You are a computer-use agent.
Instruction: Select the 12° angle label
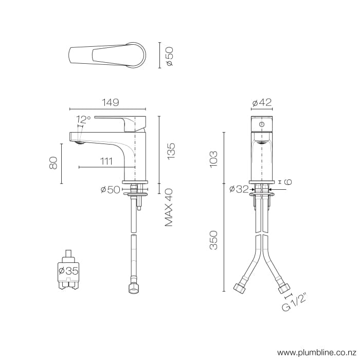83,119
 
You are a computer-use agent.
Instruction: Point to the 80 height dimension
52,163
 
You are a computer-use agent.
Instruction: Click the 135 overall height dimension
171,150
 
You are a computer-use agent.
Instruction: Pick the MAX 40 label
169,207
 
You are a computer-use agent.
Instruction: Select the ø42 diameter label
262,102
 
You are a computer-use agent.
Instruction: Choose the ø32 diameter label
239,189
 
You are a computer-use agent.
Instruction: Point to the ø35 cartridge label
68,271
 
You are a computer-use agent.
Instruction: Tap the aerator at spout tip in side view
78,143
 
